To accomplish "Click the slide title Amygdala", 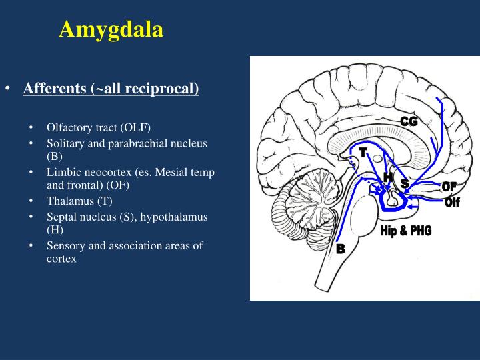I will click(x=111, y=29).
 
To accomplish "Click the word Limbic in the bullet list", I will click(x=63, y=172).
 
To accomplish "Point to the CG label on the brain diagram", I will click(x=409, y=121).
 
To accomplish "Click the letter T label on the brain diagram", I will click(x=363, y=153).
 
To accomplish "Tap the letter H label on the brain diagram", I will click(x=387, y=177).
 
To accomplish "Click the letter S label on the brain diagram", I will click(x=404, y=183).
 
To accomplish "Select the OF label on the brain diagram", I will click(x=449, y=187).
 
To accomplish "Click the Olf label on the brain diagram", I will click(x=452, y=202).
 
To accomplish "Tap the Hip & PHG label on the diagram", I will click(x=405, y=231).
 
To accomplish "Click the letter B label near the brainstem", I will click(x=341, y=249).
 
